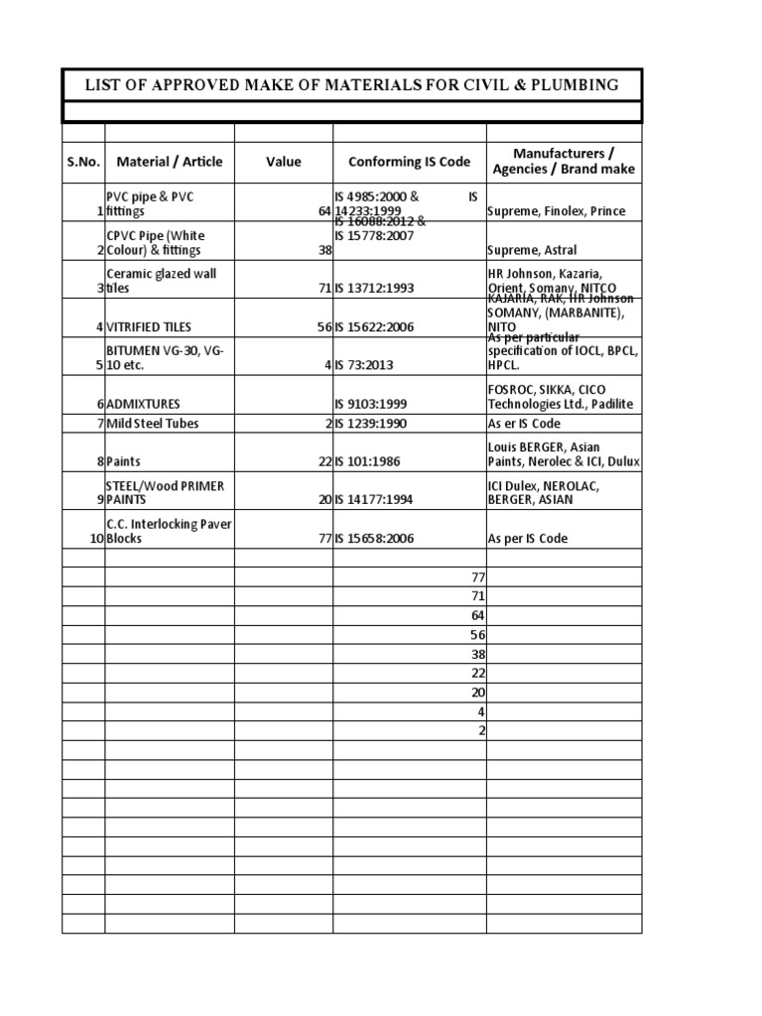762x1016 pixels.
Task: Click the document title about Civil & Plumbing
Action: (x=352, y=85)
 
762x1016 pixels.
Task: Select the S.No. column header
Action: (x=83, y=162)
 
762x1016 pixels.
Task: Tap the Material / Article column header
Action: (x=170, y=162)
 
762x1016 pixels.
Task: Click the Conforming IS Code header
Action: (x=409, y=162)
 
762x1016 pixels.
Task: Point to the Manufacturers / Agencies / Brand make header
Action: (x=564, y=161)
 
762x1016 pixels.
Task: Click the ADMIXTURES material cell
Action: (x=149, y=405)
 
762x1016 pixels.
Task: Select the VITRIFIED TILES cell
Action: (x=149, y=326)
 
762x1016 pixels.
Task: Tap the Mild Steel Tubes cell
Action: (x=153, y=424)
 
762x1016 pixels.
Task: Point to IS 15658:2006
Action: (x=374, y=539)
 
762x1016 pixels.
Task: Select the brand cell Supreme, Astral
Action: (x=532, y=251)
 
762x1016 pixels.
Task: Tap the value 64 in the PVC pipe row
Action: (x=324, y=212)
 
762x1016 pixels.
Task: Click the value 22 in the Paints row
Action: (x=324, y=462)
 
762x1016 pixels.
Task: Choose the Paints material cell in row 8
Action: (x=126, y=462)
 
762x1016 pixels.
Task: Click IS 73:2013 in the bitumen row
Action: (x=365, y=365)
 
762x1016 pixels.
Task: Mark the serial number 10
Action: (x=97, y=539)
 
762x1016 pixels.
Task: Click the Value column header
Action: (x=284, y=162)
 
